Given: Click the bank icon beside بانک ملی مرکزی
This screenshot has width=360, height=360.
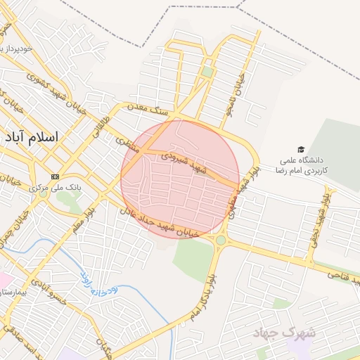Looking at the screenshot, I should tap(55, 176).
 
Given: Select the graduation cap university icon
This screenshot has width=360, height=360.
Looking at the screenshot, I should tap(302, 150).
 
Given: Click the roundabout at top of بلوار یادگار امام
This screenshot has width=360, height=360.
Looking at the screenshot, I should tap(221, 240).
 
